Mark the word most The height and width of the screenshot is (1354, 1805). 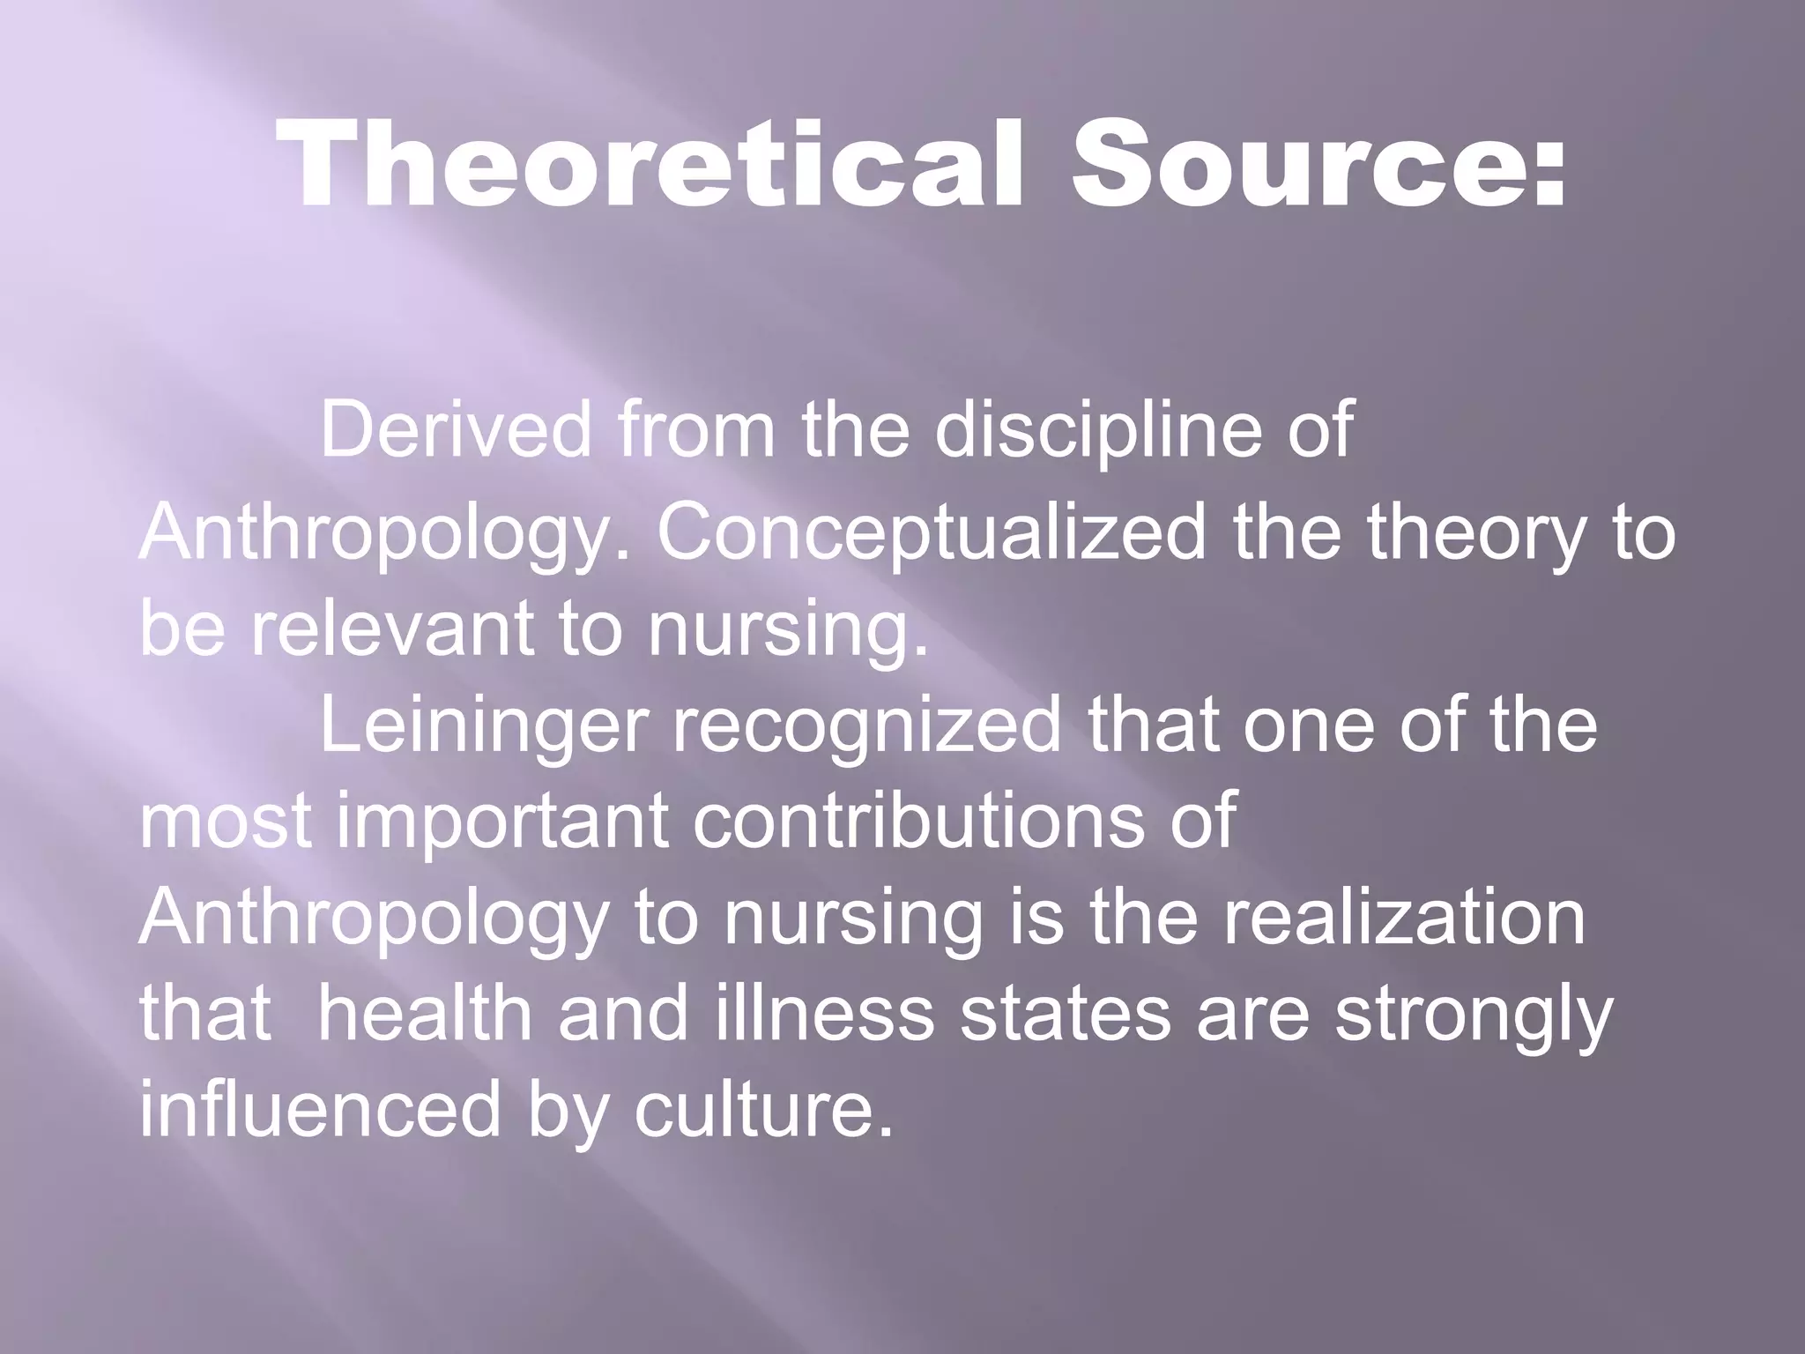[x=226, y=823]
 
